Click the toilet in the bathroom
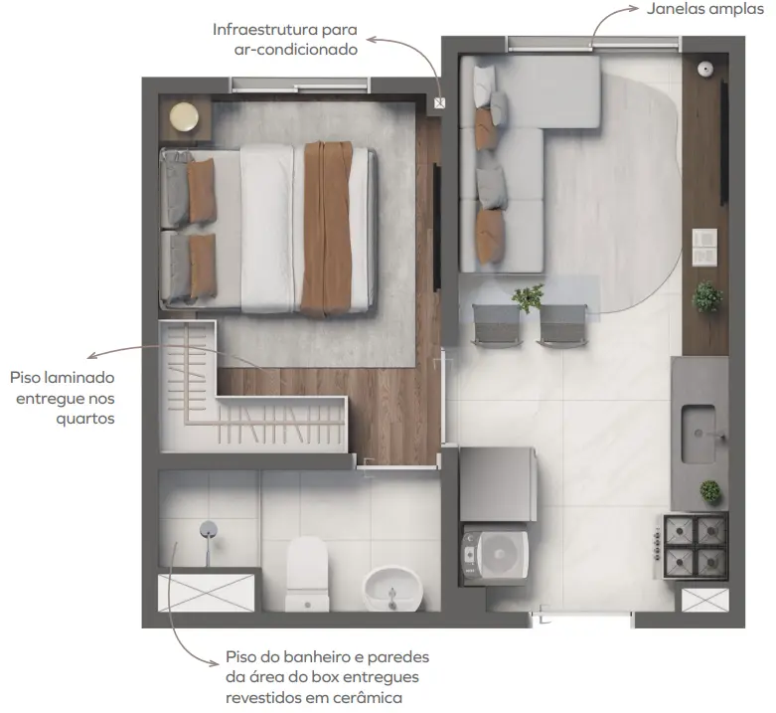point(307,575)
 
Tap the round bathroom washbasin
point(392,590)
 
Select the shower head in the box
point(209,530)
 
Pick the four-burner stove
point(694,546)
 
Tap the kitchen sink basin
point(698,435)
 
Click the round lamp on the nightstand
point(184,117)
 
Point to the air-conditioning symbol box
point(439,103)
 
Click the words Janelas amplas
point(704,9)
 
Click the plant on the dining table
point(528,297)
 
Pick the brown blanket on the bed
point(327,229)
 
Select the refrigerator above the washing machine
point(498,483)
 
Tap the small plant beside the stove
point(710,491)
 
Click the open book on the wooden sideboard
point(704,247)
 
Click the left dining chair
point(496,325)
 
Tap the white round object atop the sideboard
point(705,69)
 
